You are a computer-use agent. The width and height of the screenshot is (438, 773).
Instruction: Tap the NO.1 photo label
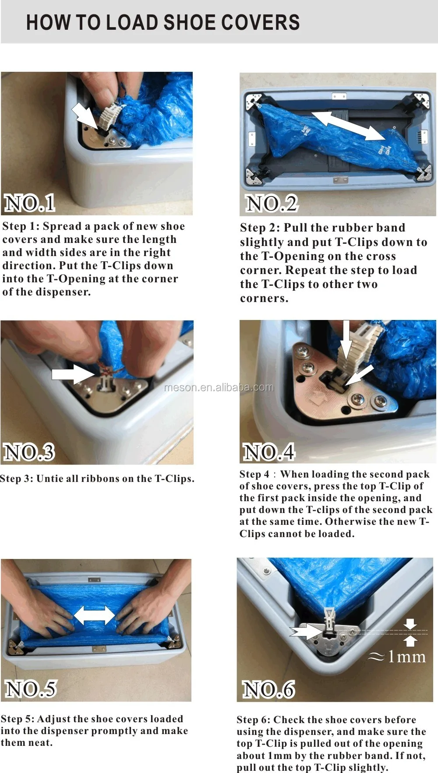click(30, 204)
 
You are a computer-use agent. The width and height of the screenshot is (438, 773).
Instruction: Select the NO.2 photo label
click(272, 204)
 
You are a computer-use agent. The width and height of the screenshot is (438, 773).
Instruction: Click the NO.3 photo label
click(29, 452)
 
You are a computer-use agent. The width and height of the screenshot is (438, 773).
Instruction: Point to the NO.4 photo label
click(269, 452)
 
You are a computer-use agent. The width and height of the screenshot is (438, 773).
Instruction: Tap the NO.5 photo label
click(31, 689)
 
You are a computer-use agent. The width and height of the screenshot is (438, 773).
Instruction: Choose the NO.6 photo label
click(268, 689)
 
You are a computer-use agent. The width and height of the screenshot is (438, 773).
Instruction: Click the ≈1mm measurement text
click(397, 657)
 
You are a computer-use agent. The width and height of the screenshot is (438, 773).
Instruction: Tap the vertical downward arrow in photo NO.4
click(346, 341)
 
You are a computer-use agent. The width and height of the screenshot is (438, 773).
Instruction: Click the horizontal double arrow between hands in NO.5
click(94, 615)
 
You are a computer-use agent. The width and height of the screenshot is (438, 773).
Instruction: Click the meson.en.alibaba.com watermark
click(219, 387)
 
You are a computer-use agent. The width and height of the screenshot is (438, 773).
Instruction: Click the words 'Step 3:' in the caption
click(17, 478)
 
